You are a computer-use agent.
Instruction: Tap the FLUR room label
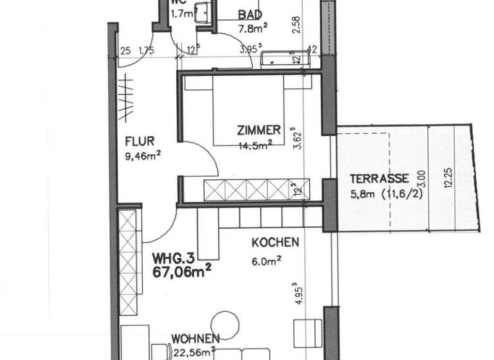139,141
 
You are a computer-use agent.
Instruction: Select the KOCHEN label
275,242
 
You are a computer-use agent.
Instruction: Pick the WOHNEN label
196,339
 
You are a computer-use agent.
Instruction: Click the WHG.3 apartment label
173,258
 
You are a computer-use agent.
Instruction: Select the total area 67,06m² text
183,273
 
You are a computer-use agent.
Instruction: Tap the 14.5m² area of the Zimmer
252,146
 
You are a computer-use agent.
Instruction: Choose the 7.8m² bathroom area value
252,28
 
